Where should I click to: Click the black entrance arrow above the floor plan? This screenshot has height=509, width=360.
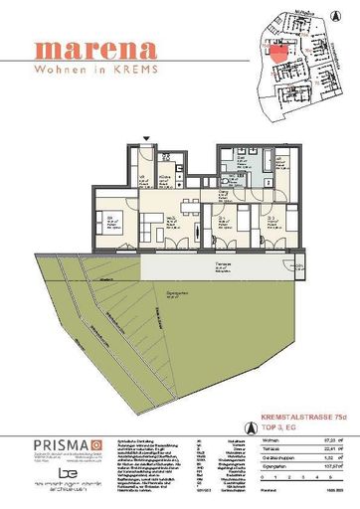click(x=148, y=138)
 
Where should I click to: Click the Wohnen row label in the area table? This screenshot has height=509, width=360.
click(x=248, y=438)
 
